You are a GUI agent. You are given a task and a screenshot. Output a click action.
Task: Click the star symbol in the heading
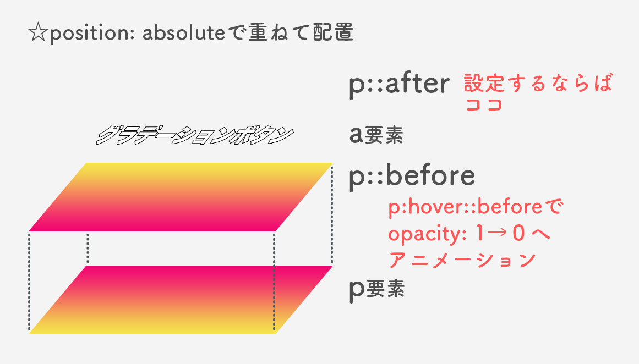point(38,34)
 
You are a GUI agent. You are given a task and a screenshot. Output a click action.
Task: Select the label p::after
point(399,85)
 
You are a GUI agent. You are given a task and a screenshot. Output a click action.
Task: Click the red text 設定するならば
point(538,84)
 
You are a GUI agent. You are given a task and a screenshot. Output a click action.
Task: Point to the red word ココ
point(484,105)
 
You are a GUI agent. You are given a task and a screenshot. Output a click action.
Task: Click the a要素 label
point(376,135)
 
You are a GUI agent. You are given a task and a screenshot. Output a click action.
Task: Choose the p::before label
point(412,175)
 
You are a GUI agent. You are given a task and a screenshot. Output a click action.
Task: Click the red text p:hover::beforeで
point(474,209)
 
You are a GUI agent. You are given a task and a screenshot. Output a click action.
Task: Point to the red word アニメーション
point(462,260)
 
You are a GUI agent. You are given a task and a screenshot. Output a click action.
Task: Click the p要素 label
point(376,289)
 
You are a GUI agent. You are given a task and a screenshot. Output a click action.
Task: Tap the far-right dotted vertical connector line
point(332,214)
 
